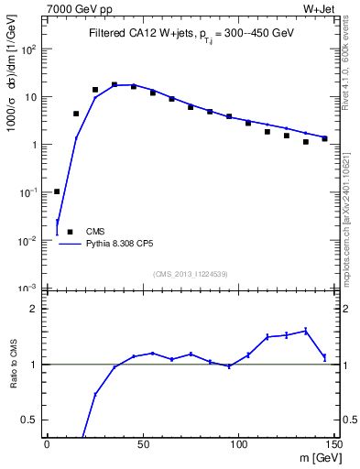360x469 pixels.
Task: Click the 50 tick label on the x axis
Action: pyautogui.click(x=142, y=444)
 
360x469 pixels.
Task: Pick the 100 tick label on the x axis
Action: pyautogui.click(x=238, y=444)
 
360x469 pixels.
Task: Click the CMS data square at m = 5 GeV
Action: pyautogui.click(x=57, y=191)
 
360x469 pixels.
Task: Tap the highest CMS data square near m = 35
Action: pyautogui.click(x=115, y=84)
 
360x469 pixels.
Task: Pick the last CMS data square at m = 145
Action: pyautogui.click(x=324, y=138)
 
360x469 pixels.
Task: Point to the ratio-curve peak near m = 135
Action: pyautogui.click(x=306, y=331)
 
